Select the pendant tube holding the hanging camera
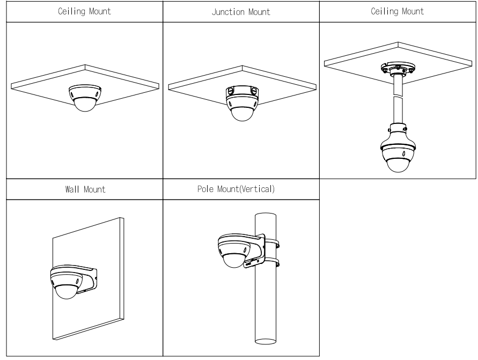(x=398, y=102)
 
